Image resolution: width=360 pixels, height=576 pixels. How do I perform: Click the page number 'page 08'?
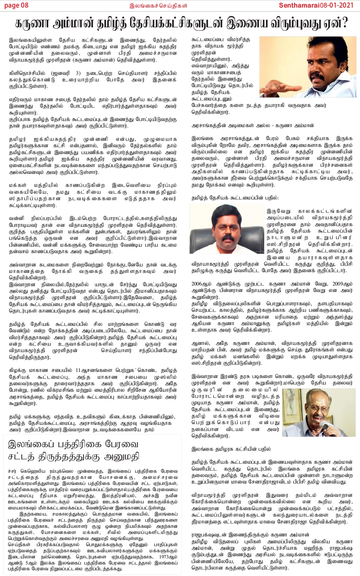[x=16, y=5]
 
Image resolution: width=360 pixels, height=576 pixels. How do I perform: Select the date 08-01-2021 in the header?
[x=340, y=5]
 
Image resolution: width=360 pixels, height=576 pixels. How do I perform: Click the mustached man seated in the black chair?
[x=227, y=227]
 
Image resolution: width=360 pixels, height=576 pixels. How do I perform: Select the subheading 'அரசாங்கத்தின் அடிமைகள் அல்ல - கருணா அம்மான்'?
[x=252, y=126]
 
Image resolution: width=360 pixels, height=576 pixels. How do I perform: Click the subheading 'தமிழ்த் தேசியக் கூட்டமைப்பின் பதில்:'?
[x=235, y=198]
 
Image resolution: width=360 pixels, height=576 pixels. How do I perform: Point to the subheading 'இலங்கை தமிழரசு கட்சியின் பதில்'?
[x=231, y=449]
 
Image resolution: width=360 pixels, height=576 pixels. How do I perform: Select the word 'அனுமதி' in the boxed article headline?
[x=122, y=457]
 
